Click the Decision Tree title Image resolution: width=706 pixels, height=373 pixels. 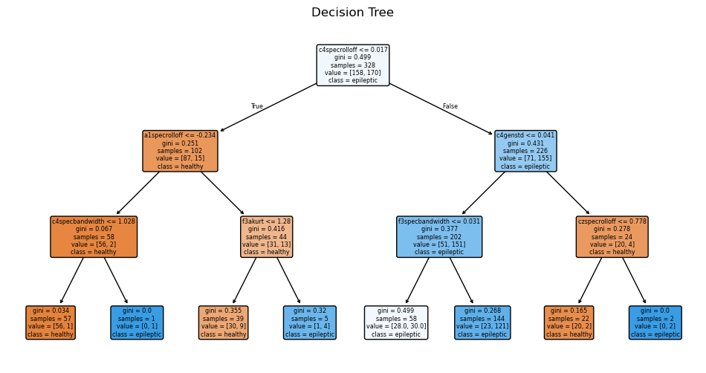pos(352,13)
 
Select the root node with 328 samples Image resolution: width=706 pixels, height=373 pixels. pos(352,65)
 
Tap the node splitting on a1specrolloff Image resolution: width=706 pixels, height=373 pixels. pos(180,151)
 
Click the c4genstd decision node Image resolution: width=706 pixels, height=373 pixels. pos(525,151)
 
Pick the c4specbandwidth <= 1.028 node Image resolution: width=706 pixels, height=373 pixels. pos(94,237)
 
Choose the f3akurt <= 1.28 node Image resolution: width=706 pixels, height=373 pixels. pos(266,237)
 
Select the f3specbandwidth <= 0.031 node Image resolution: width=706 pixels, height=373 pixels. pos(439,237)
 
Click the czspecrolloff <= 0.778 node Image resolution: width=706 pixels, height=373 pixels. pos(612,237)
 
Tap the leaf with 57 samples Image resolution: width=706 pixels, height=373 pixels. pos(51,322)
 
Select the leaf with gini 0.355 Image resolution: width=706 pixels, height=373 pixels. pos(223,322)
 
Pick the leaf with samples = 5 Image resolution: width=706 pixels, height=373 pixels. pos(309,322)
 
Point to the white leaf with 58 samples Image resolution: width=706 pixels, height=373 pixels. pos(396,322)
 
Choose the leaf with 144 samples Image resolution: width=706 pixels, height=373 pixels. pos(482,322)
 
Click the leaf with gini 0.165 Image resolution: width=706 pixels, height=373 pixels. pos(569,322)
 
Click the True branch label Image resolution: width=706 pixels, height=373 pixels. pos(257,106)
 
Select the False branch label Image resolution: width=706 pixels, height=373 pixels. pos(450,106)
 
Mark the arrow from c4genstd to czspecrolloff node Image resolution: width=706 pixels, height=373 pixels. pos(569,194)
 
